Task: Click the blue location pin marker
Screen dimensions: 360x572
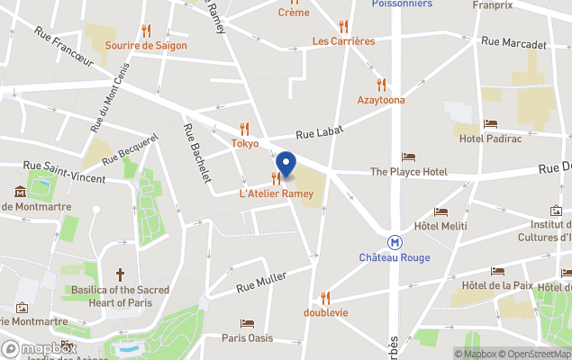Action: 286,166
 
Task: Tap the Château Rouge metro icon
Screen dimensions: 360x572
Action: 395,242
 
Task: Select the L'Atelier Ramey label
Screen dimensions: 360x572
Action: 276,193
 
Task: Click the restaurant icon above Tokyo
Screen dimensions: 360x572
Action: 244,129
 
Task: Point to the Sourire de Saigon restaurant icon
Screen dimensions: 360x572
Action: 146,31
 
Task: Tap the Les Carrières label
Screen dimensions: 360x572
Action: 343,40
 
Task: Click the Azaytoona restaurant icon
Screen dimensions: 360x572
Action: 381,85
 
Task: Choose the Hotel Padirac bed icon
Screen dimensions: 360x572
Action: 490,124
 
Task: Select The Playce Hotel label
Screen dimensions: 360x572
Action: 408,171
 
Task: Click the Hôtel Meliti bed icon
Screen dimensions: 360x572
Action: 440,211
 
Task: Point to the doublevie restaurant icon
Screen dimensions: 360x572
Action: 326,298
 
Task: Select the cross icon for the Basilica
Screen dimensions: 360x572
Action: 121,274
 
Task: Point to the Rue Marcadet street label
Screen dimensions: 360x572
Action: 513,42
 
